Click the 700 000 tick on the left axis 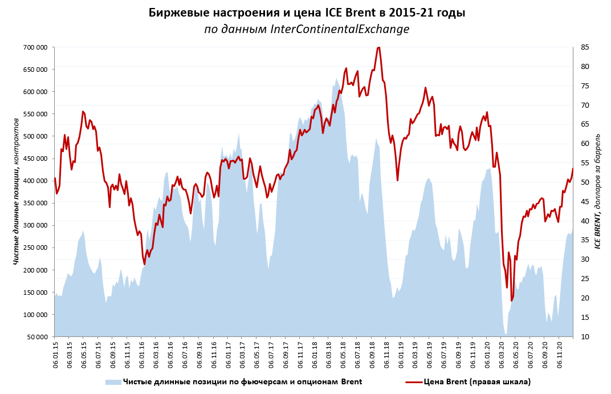[35, 47]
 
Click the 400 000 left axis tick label [35, 181]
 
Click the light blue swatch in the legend [113, 382]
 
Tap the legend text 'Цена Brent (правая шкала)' [477, 382]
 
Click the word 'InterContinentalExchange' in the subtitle [340, 29]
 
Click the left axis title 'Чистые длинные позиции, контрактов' [17, 191]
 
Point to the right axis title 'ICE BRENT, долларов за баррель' [598, 191]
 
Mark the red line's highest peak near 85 [378, 47]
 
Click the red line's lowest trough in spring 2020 [512, 300]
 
